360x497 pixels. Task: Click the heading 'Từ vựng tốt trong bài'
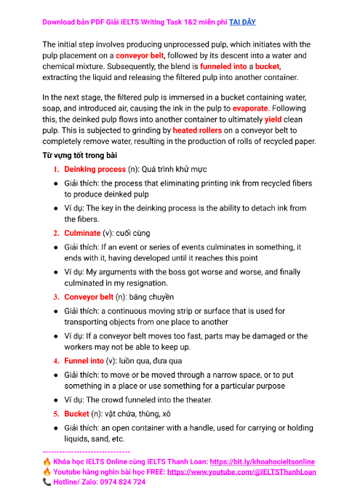[x=84, y=156]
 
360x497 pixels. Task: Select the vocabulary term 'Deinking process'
[x=95, y=169]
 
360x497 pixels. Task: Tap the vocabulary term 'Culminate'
[x=82, y=233]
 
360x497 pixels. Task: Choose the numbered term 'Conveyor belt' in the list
[x=89, y=297]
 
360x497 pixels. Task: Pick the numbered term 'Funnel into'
[x=84, y=361]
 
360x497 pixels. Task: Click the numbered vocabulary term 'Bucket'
[x=76, y=413]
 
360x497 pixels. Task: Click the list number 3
[x=56, y=297]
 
